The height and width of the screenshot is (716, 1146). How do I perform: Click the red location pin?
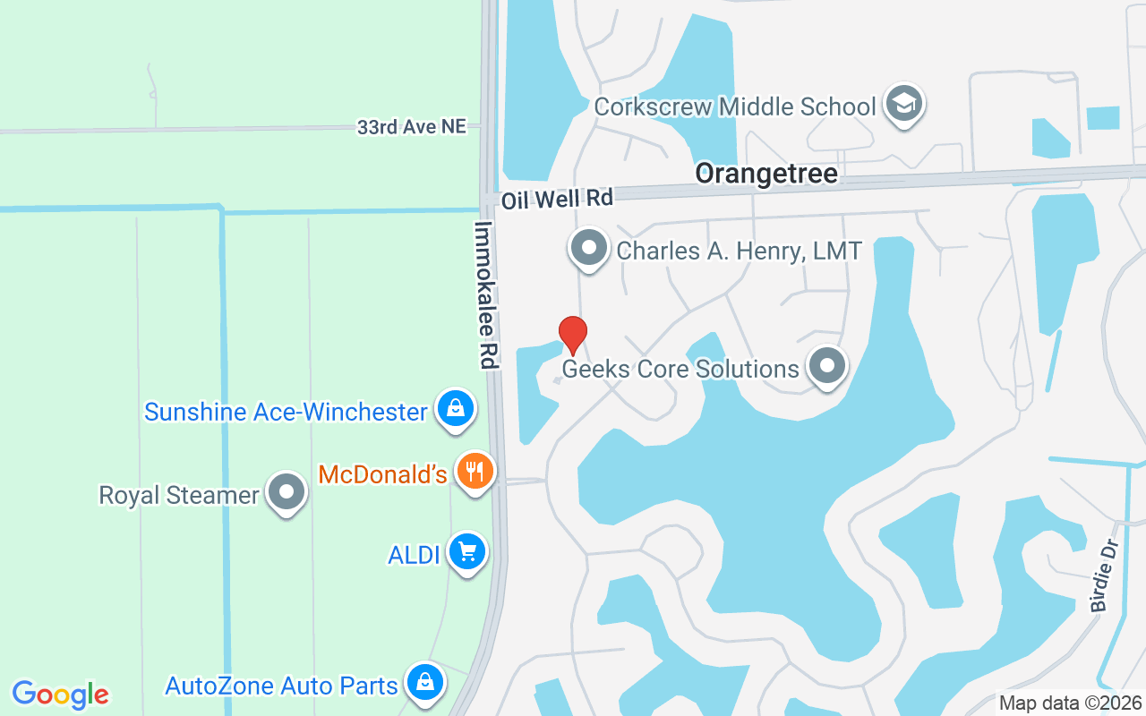573,335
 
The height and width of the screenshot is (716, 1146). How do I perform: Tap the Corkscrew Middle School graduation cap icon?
903,105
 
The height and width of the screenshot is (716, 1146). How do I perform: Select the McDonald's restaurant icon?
475,472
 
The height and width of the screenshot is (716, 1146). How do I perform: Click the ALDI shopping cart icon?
466,552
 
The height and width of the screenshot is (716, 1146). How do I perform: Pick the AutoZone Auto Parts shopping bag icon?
424,683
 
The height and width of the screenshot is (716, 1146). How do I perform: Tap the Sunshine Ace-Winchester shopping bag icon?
456,409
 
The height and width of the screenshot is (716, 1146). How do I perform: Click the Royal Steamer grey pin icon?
286,492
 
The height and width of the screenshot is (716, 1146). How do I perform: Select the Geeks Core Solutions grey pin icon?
827,366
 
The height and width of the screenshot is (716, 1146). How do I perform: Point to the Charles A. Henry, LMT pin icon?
589,248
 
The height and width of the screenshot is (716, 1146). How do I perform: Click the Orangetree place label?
766,174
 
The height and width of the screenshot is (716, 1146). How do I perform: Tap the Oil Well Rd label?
557,199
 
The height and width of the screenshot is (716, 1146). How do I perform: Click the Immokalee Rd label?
486,295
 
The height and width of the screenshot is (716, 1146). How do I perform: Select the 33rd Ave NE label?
411,127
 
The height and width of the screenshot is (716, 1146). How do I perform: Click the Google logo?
61,694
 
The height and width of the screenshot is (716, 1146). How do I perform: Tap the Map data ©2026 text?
1070,703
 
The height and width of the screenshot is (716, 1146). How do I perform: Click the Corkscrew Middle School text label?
735,107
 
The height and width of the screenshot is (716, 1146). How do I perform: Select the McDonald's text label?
382,474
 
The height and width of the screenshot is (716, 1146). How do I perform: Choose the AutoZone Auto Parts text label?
281,686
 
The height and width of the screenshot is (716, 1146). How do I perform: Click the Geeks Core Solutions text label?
680,369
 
